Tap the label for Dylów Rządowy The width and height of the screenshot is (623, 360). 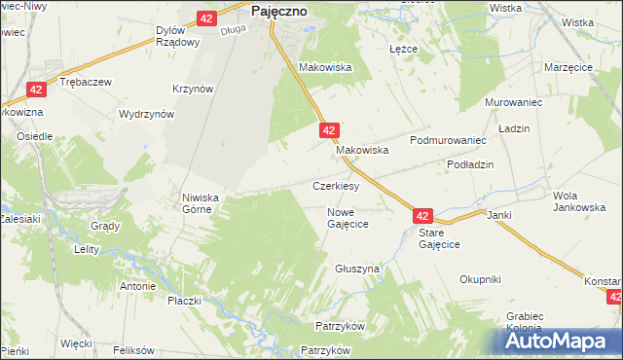[178, 36]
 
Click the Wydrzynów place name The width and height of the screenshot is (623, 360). [146, 114]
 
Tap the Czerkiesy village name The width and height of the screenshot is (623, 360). [337, 185]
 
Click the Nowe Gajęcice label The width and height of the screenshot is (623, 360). [348, 217]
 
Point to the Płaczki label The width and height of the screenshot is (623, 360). [184, 300]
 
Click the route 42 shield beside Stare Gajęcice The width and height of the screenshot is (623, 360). [421, 216]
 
